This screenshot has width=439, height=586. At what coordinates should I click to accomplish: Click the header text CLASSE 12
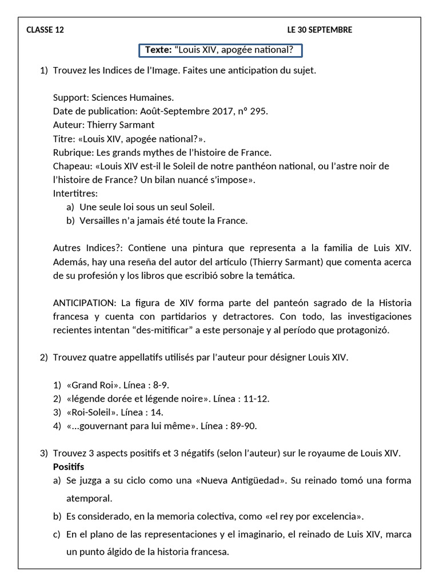(45, 30)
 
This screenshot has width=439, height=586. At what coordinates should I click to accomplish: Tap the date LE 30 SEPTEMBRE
(320, 30)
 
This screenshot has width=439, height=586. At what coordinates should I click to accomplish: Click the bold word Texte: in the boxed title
(158, 50)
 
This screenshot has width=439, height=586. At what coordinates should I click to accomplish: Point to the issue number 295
(258, 112)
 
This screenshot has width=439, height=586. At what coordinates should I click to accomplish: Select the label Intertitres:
(75, 193)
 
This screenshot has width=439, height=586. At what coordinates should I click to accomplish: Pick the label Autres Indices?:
(86, 248)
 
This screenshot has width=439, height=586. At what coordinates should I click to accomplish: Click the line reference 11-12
(257, 398)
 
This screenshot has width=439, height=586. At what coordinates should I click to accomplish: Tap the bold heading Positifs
(68, 467)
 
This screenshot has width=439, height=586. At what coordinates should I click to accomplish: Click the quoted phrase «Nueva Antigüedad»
(241, 481)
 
